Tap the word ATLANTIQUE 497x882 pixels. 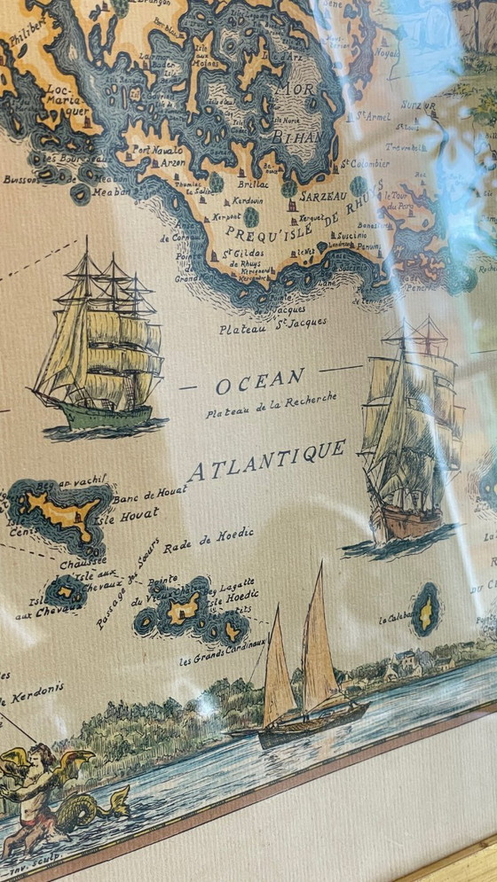266,461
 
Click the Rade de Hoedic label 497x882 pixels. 210,538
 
